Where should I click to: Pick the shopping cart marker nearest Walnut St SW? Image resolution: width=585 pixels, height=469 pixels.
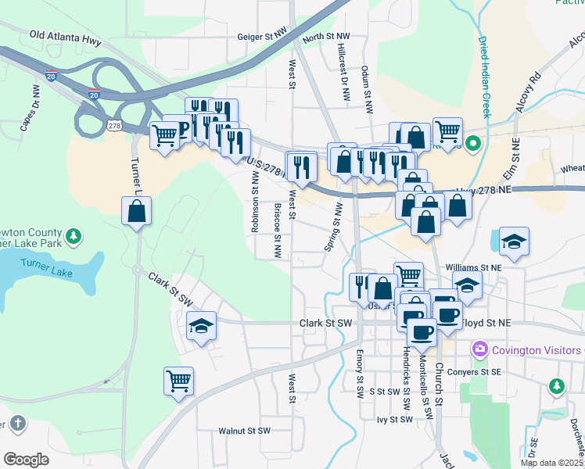point(178,381)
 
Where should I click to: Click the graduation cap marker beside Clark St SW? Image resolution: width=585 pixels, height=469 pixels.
point(201,325)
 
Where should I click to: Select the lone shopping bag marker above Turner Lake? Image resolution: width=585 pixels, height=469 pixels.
point(137,210)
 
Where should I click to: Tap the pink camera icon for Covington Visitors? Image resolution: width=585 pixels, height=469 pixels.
point(479,347)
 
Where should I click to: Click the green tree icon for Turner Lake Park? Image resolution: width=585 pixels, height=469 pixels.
point(73,235)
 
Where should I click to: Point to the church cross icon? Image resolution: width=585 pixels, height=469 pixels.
point(18,424)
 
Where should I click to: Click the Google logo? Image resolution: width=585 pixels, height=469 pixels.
point(26,460)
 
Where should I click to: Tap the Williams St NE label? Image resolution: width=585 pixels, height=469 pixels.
point(472,267)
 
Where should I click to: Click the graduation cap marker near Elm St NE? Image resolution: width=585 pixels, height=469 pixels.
point(515,242)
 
